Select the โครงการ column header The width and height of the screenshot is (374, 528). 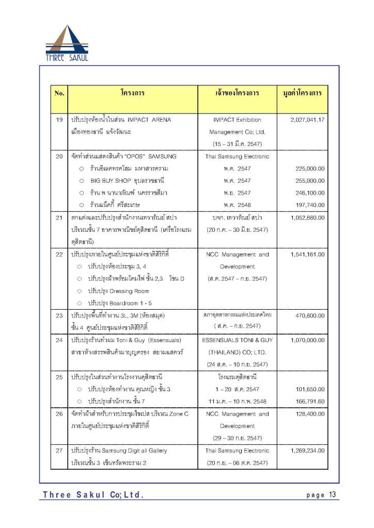click(132, 93)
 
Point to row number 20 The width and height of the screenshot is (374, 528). click(59, 156)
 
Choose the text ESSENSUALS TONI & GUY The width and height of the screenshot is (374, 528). click(238, 340)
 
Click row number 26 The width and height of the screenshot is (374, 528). click(59, 414)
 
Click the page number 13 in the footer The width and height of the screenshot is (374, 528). click(332, 494)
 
